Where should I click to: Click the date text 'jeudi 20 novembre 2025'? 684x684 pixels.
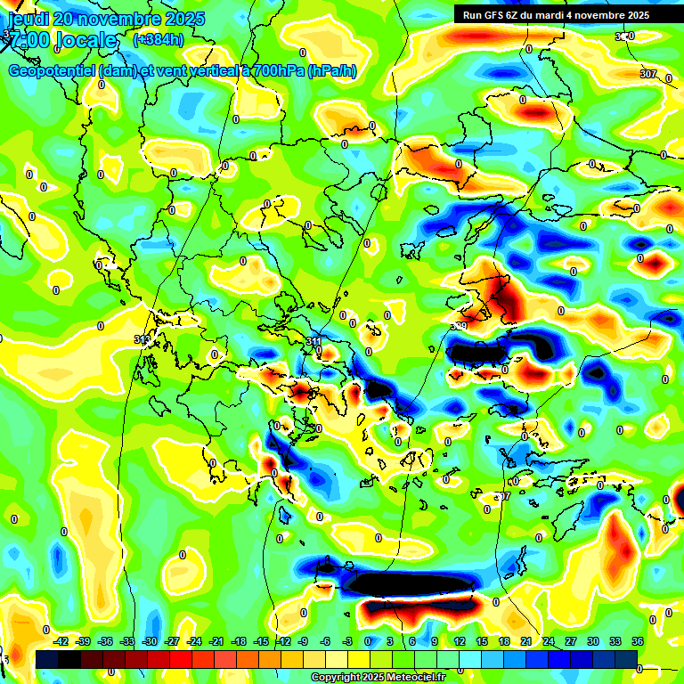click(x=106, y=19)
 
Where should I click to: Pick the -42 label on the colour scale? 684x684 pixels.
click(x=61, y=641)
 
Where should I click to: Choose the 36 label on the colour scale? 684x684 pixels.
click(x=637, y=641)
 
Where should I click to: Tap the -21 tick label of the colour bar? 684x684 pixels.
click(x=216, y=641)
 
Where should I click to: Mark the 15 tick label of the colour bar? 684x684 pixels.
click(x=481, y=641)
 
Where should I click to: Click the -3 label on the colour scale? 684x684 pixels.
click(x=348, y=641)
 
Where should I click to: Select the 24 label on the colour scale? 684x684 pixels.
click(x=548, y=641)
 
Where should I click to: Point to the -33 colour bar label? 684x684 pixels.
click(x=127, y=641)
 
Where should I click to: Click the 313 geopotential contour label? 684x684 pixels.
click(x=142, y=339)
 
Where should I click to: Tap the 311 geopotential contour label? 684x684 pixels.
click(x=313, y=342)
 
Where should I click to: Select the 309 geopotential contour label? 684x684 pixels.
click(x=460, y=326)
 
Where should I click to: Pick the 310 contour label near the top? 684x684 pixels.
click(x=624, y=37)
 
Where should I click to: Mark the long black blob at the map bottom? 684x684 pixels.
click(x=410, y=584)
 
